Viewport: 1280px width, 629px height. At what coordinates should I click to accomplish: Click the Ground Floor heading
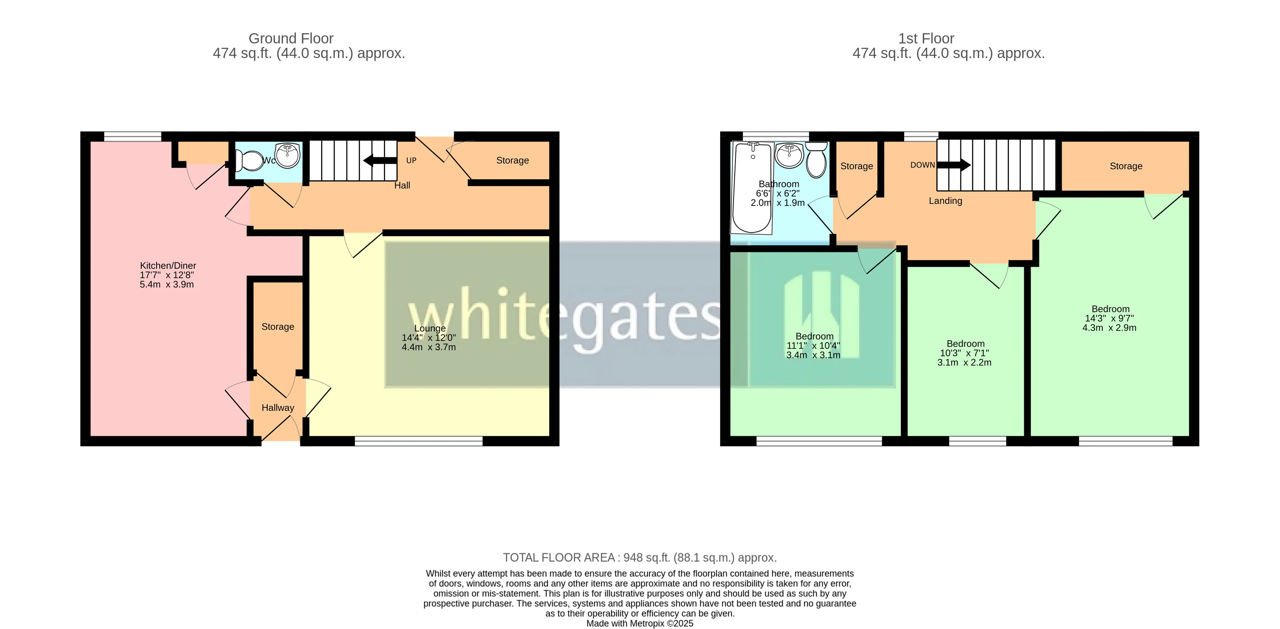291,38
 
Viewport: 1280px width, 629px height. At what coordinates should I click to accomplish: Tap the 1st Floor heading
926,38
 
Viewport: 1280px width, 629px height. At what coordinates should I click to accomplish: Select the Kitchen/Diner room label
168,266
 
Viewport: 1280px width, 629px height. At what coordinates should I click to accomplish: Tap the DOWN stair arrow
954,164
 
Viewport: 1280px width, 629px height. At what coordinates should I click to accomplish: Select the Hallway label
278,408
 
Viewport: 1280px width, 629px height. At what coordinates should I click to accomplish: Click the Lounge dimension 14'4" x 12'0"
428,338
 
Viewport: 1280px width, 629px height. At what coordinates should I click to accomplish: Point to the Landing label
945,201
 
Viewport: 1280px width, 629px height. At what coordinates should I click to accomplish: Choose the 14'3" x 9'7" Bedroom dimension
1109,318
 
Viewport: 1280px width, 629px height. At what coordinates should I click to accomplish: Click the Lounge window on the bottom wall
418,441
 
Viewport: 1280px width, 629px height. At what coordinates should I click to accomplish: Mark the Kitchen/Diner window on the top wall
132,136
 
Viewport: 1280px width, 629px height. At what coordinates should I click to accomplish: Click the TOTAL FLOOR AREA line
639,557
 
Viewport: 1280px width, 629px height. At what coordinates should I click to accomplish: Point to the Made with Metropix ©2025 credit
639,624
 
